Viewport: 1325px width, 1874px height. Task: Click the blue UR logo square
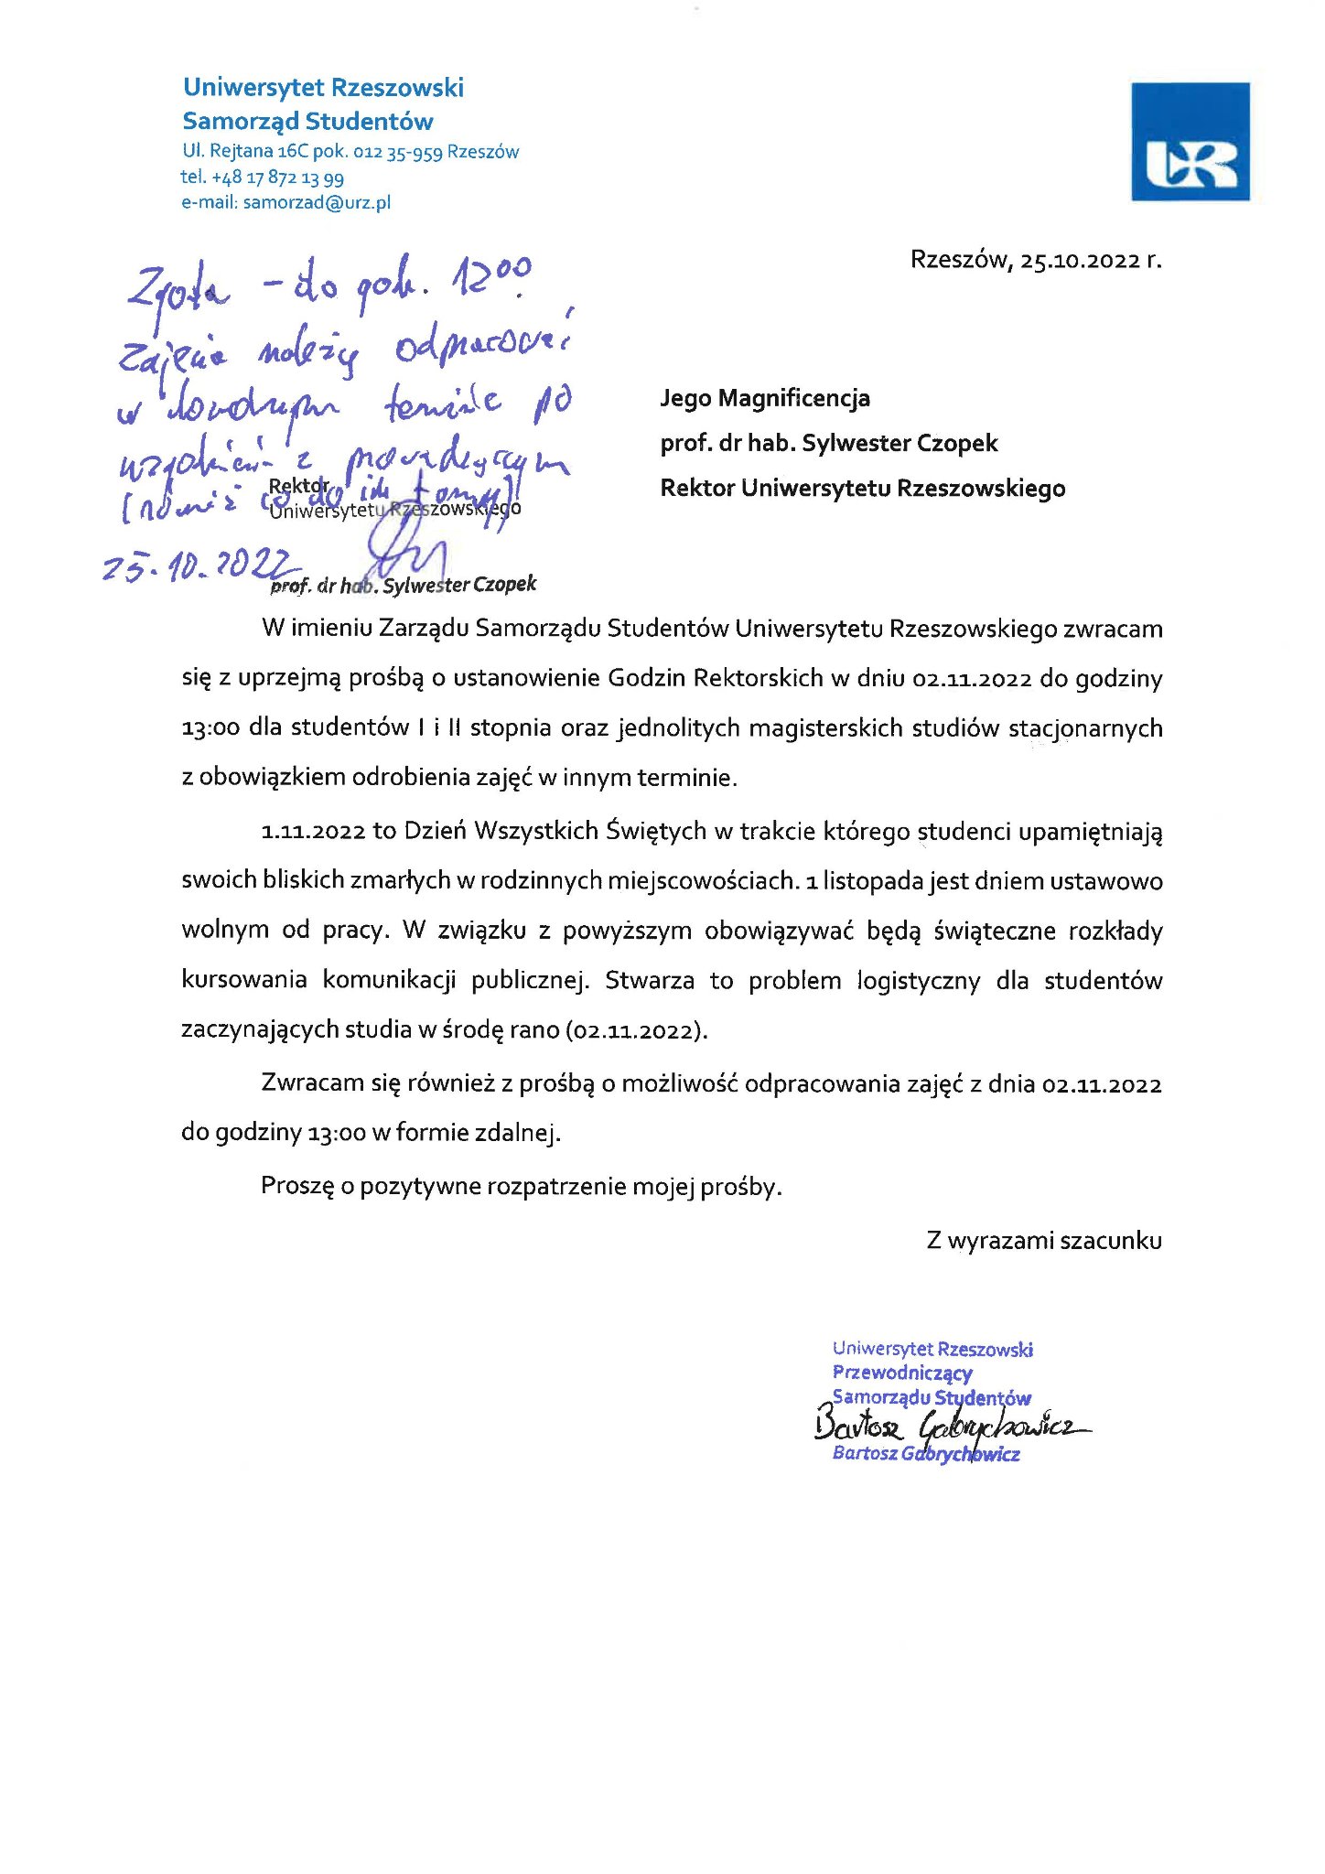click(x=1190, y=142)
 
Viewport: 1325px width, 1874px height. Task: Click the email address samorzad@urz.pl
click(x=317, y=202)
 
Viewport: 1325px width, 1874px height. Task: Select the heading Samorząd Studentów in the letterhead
click(x=307, y=121)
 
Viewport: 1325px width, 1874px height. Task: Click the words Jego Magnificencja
click(x=765, y=398)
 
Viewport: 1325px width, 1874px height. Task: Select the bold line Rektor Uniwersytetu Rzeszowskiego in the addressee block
click(x=862, y=488)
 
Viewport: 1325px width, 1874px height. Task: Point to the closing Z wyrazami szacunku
click(x=1043, y=1241)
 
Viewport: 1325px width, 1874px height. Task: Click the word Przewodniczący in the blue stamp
click(x=901, y=1373)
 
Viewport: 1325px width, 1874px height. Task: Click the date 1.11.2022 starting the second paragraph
click(x=314, y=831)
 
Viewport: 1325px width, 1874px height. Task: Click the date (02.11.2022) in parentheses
click(x=635, y=1030)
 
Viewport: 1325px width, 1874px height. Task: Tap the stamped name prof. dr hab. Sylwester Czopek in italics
click(x=404, y=585)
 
